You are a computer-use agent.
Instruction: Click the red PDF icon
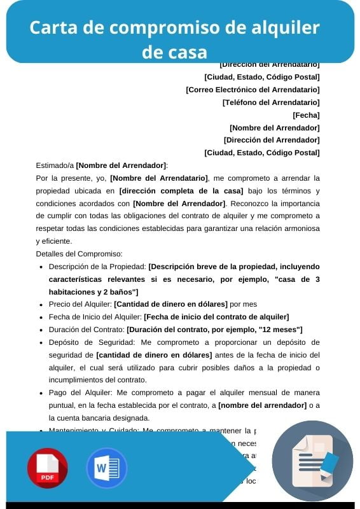(47, 468)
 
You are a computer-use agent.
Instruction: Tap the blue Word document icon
(107, 468)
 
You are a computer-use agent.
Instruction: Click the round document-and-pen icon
(312, 461)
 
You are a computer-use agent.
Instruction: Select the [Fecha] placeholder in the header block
(306, 115)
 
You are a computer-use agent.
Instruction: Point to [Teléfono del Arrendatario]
(271, 102)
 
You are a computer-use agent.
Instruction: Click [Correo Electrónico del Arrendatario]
(253, 90)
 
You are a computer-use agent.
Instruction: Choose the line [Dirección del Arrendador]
(272, 140)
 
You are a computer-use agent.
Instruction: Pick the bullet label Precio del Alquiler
(80, 304)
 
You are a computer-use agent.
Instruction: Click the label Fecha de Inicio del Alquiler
(95, 317)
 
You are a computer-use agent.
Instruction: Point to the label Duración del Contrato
(87, 330)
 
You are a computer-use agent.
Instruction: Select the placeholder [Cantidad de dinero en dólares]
(170, 304)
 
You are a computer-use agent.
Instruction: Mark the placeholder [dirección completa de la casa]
(181, 190)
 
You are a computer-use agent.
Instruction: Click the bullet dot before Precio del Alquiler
(41, 304)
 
